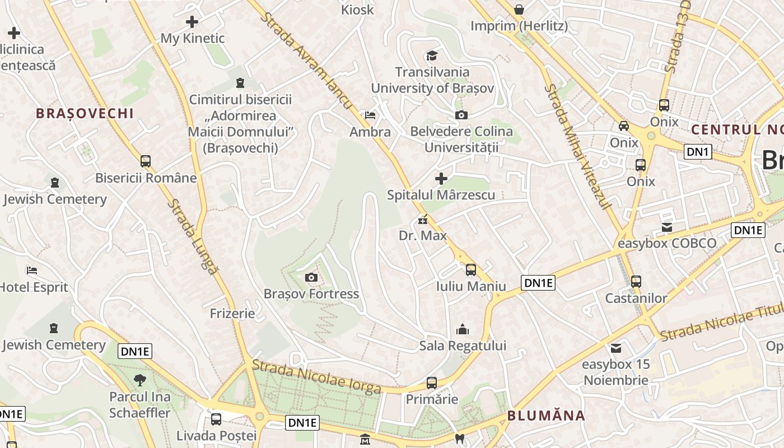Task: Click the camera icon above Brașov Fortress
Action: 311,277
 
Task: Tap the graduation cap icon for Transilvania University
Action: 432,55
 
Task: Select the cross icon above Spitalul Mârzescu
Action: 441,179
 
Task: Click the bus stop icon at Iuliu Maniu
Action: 470,270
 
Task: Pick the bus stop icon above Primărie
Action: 431,383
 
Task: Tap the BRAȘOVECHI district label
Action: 85,113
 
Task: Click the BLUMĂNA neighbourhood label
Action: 546,416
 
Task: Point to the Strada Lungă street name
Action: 192,236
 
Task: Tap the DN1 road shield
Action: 698,151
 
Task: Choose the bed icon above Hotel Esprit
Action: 32,270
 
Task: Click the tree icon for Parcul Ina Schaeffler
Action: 139,380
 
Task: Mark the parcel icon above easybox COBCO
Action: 666,227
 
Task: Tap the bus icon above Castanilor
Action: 636,281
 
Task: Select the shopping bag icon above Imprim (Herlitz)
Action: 519,10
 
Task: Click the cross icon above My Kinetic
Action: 192,22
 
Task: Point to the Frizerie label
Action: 232,313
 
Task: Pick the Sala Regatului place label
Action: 463,346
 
